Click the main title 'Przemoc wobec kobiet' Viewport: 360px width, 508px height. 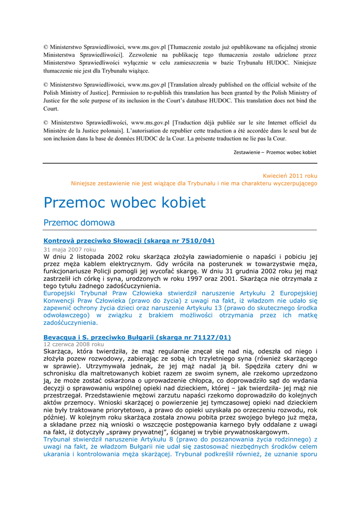tap(124, 202)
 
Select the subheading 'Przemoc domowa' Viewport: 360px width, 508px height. tap(79, 223)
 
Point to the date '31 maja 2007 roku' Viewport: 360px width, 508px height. tap(70, 250)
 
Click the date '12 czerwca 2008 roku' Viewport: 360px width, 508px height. tap(73, 344)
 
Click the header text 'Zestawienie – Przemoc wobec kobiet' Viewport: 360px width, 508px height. tap(275, 152)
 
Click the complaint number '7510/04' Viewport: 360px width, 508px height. tap(197, 241)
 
